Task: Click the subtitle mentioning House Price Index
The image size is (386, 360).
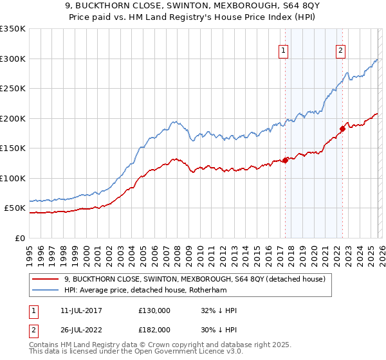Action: pyautogui.click(x=193, y=18)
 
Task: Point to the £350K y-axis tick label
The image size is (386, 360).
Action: pyautogui.click(x=13, y=29)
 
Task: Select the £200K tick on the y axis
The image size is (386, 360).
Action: pyautogui.click(x=13, y=118)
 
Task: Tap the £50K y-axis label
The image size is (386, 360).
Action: pyautogui.click(x=15, y=208)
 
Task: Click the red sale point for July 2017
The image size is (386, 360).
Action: pyautogui.click(x=284, y=161)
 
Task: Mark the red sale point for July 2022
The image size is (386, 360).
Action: pyautogui.click(x=342, y=129)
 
